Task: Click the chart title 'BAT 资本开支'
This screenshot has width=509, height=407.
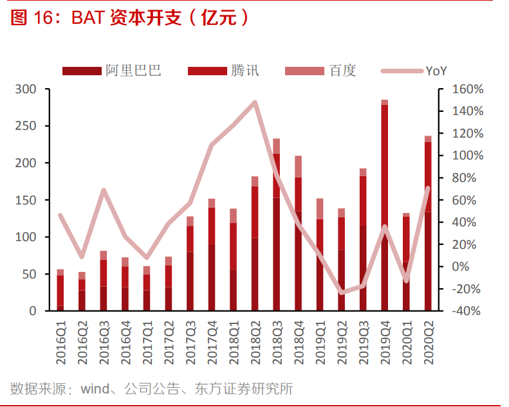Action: tap(129, 18)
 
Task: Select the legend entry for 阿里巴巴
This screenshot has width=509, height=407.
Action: tap(112, 71)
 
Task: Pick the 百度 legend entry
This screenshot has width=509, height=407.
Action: tap(320, 71)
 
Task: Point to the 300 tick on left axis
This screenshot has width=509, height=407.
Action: tap(29, 89)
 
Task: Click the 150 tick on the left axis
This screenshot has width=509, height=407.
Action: tap(29, 200)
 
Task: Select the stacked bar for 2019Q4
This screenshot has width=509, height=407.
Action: tap(385, 206)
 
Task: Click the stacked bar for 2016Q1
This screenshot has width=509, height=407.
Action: tap(60, 291)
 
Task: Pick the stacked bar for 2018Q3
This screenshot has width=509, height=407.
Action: tap(277, 225)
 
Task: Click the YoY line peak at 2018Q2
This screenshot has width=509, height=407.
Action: tap(255, 102)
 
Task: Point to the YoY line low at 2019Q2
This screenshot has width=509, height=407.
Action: tap(342, 293)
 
